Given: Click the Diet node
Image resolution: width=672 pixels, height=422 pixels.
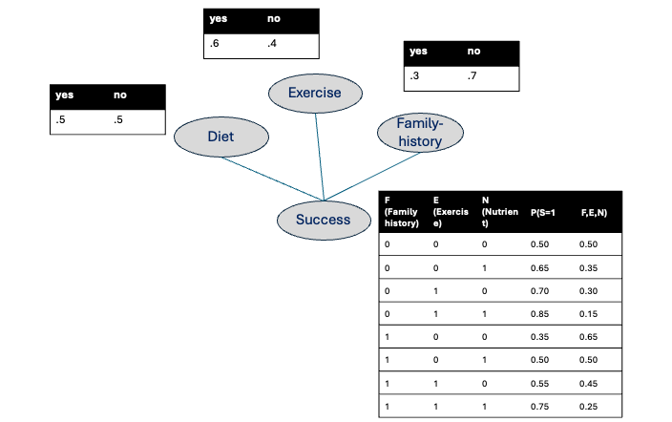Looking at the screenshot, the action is pos(221,137).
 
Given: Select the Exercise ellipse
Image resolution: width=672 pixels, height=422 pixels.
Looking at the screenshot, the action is pos(315,94).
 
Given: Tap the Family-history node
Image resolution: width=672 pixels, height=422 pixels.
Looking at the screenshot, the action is pos(420,133).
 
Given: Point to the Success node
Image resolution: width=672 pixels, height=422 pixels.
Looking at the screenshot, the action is pos(324,220).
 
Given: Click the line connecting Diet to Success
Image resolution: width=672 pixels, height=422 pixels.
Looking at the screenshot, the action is pos(273,179).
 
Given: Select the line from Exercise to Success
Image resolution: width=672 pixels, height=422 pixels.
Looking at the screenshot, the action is pos(320,157).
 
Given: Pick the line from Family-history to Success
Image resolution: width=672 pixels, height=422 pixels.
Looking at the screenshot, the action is pos(372,177).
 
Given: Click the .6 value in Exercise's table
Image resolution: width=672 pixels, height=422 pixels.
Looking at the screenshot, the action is pos(214,43).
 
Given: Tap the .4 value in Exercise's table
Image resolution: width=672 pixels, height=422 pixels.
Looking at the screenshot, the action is pos(272,43).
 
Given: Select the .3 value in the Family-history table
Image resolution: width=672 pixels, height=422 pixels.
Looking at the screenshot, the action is pos(414,76).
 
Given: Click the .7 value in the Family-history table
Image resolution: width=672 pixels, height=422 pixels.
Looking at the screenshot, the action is pos(472,76).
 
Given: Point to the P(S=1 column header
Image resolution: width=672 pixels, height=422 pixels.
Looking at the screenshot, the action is pos(542,212).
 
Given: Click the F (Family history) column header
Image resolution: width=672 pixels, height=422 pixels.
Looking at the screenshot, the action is pos(401,212).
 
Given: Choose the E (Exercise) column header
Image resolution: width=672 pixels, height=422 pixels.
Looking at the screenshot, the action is pos(451,212).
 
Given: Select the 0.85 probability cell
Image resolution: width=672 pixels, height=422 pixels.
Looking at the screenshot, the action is pos(539,314).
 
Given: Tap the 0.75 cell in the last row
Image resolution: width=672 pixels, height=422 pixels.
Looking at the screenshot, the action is pos(539,407).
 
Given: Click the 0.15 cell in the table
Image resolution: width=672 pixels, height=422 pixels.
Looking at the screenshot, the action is pos(588,314).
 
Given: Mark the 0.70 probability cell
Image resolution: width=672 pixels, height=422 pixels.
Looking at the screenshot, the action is pos(539,291).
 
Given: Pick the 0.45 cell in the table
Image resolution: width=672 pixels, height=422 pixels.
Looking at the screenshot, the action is pos(588,384).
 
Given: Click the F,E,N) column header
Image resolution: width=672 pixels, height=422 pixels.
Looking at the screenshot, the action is pos(594,212).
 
